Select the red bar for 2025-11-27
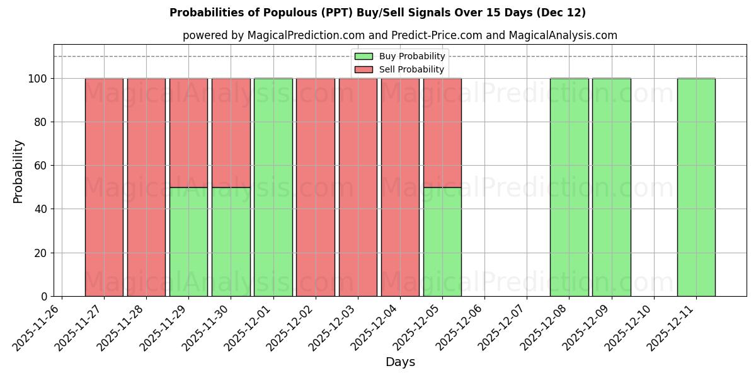click(x=104, y=187)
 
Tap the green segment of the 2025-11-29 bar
click(x=188, y=241)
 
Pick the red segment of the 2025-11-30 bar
click(x=231, y=132)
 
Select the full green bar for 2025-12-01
click(x=273, y=187)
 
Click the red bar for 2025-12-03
click(x=358, y=187)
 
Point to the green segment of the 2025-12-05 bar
click(x=442, y=241)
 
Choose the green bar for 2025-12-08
click(x=569, y=187)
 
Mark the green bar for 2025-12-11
click(x=696, y=187)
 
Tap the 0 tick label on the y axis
click(x=43, y=297)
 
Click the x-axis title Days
click(x=400, y=362)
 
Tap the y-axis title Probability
click(x=18, y=171)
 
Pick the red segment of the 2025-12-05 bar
click(x=442, y=132)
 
